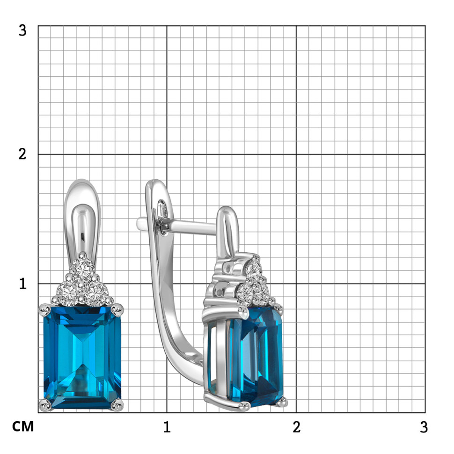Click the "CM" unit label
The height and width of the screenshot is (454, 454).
point(23,426)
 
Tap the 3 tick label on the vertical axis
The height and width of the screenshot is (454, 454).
point(22,30)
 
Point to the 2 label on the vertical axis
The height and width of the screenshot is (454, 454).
point(22,154)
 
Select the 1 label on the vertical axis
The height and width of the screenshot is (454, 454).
point(23,284)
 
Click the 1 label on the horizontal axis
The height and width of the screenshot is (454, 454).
point(167,427)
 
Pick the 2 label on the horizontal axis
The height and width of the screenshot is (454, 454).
point(296,427)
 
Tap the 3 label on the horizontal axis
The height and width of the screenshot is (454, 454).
point(424,427)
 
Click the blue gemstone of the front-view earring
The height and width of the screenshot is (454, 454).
point(82,357)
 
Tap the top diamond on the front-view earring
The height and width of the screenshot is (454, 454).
point(82,268)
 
